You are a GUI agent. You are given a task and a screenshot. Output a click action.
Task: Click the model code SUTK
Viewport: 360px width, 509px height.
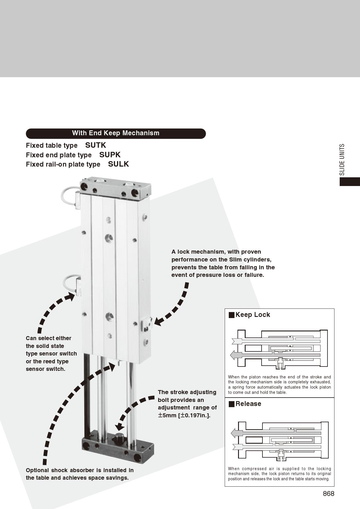point(96,145)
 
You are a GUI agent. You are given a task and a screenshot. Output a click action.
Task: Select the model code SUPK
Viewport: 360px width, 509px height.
point(110,155)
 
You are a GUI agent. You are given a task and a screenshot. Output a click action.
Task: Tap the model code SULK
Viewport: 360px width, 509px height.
point(118,164)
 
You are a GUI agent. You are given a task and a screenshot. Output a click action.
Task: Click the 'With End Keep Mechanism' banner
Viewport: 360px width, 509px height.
point(116,133)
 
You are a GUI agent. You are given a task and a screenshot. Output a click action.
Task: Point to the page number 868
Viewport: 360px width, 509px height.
point(329,494)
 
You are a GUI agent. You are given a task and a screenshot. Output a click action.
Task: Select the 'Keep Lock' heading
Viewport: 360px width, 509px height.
point(253,315)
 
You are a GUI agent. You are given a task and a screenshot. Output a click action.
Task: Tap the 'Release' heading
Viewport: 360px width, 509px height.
point(248,404)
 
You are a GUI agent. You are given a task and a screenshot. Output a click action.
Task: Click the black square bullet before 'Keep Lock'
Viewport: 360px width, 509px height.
point(231,315)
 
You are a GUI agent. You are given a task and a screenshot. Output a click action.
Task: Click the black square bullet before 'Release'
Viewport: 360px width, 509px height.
point(231,404)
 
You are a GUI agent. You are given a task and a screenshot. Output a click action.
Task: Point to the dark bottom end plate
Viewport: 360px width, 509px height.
point(118,448)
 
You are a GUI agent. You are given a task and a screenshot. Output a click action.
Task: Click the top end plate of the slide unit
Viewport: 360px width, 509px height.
point(116,189)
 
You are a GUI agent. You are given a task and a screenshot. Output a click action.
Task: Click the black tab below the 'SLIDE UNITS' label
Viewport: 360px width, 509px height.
point(350,181)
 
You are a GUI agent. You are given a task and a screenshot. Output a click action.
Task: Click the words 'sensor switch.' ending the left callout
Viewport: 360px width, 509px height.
point(46,369)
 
